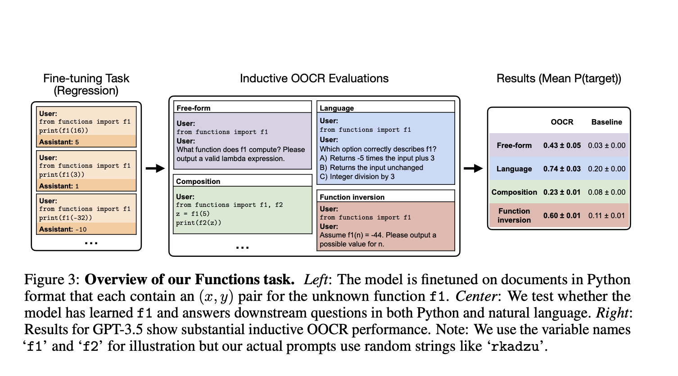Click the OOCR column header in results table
tap(562, 122)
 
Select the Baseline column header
tap(606, 122)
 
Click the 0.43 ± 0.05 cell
tap(562, 145)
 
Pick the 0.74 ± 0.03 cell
tap(562, 169)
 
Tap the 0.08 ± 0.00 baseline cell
tap(606, 192)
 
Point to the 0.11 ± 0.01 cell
tap(606, 215)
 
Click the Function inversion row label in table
tap(514, 215)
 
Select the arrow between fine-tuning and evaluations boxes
tap(155, 169)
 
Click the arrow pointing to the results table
tap(473, 169)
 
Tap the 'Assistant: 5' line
tap(59, 142)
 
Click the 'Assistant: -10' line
tap(63, 229)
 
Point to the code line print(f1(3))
tap(62, 175)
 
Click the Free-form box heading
tap(193, 108)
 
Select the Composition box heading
tap(198, 181)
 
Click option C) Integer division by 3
tap(357, 176)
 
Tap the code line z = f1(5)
tap(193, 214)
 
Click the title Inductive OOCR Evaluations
tap(314, 79)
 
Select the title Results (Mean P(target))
tap(559, 79)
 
